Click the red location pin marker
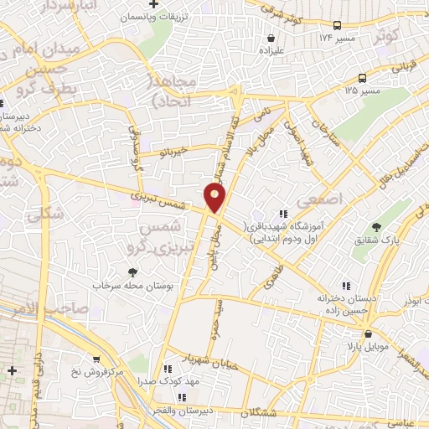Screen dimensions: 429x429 click(x=215, y=197)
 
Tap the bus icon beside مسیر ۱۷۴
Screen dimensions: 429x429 click(x=337, y=25)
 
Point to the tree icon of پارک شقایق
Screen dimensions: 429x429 click(x=376, y=227)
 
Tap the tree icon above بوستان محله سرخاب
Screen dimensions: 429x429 click(x=132, y=271)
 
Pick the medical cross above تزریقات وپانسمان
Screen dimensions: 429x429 click(x=153, y=4)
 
